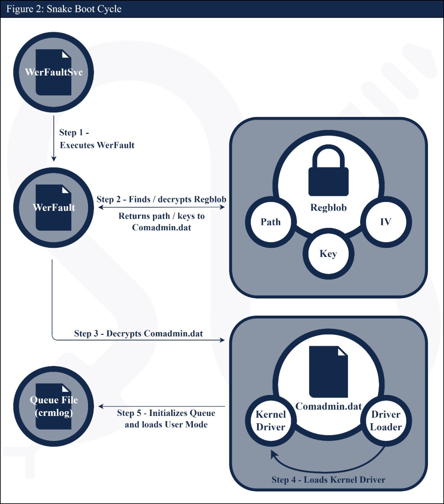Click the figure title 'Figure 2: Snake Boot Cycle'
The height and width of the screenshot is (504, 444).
point(64,9)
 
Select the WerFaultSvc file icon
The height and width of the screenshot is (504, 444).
point(53,72)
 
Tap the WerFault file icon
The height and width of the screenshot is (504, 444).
point(53,207)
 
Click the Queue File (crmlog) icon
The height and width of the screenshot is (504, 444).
point(53,406)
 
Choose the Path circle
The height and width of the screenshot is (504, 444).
point(271,222)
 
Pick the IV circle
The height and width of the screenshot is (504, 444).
point(386,222)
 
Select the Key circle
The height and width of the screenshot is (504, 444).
point(328,254)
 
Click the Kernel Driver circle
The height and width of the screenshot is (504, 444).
point(271,421)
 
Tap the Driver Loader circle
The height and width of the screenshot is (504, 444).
point(386,421)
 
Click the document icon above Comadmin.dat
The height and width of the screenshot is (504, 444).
point(328,372)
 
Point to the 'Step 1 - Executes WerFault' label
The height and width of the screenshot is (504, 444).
point(97,139)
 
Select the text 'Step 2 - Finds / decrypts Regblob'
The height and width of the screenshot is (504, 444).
point(161,199)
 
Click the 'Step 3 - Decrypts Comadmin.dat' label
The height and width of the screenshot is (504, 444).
point(138,334)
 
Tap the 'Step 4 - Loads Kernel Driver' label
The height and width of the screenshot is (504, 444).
point(328,480)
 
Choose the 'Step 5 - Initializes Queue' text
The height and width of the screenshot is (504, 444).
point(166,413)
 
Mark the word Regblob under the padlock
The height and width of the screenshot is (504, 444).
point(328,208)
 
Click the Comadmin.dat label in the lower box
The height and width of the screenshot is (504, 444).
point(328,406)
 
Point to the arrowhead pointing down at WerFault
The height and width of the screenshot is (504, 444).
point(54,159)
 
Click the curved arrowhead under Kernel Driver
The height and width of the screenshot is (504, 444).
point(273,453)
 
